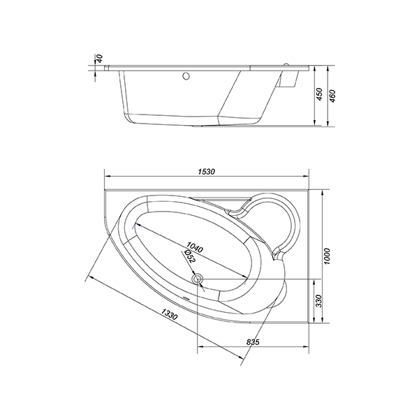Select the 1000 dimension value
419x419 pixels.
(328, 256)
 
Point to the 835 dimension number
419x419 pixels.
(253, 342)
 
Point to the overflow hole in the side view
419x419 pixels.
(187, 75)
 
